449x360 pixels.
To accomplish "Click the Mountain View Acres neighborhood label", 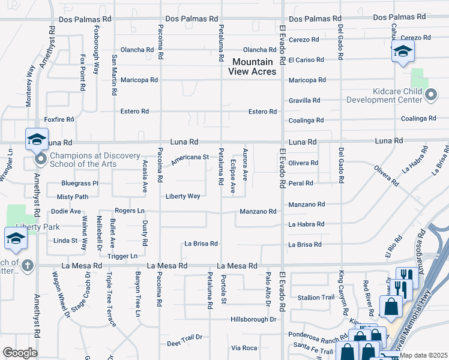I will (x=252, y=67).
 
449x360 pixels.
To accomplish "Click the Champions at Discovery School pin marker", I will (x=41, y=160).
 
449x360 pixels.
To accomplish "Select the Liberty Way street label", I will (x=183, y=196).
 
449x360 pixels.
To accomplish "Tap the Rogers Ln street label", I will (x=130, y=211).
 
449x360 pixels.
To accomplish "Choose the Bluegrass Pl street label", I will (x=79, y=183).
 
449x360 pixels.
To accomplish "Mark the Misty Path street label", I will (x=72, y=197).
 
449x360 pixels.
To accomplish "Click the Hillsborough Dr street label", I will (x=253, y=320).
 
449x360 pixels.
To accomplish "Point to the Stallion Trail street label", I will (x=316, y=298).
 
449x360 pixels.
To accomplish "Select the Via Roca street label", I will (x=244, y=348).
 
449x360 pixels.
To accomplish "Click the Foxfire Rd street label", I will (x=59, y=119).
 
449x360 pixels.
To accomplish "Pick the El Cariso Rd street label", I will (x=306, y=60).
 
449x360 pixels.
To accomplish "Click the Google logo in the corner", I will (x=20, y=353).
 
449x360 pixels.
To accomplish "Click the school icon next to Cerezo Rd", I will (x=403, y=52).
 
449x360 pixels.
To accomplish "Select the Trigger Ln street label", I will (x=122, y=256).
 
